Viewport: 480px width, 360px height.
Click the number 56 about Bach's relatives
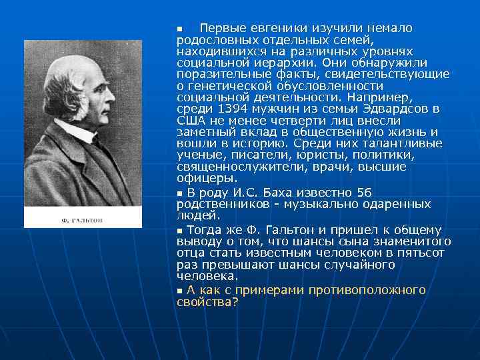point(364,193)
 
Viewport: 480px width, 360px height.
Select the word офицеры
point(207,178)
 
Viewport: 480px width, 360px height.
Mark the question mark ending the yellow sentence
point(235,301)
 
